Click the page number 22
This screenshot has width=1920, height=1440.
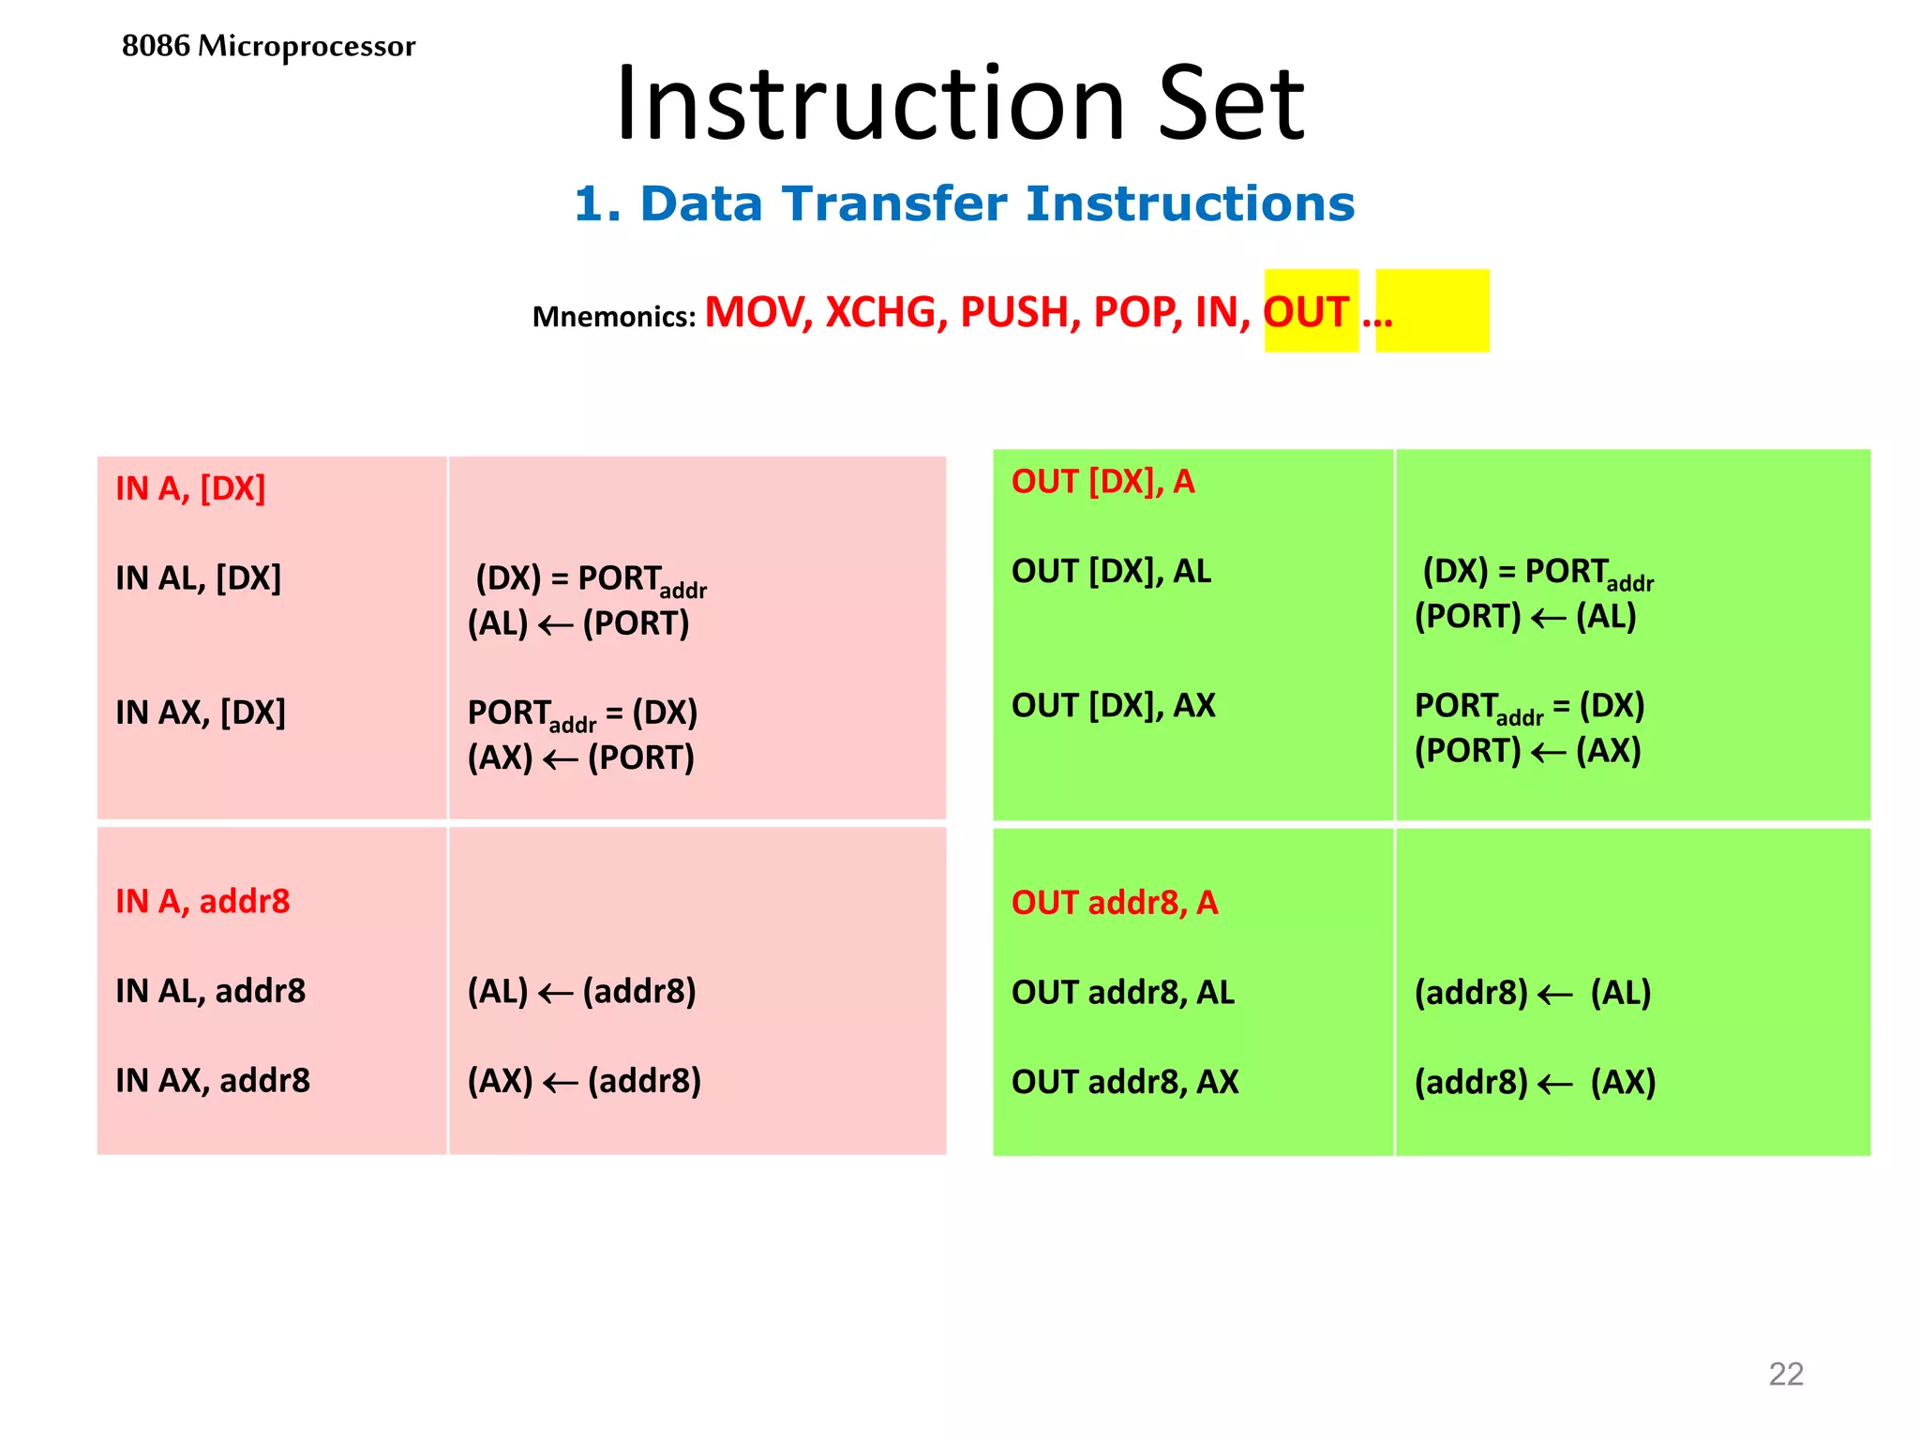pos(1785,1373)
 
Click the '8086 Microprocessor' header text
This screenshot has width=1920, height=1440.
pos(268,46)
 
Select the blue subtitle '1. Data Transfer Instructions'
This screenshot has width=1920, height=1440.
pos(964,203)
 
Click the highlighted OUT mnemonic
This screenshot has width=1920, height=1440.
pos(1307,312)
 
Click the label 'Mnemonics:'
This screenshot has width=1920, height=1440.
pos(614,317)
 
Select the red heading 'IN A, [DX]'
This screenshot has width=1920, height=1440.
pos(190,488)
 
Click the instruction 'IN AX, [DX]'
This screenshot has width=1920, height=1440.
pos(201,712)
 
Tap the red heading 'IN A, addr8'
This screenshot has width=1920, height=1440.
pos(202,901)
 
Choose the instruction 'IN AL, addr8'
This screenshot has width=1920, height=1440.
pos(211,991)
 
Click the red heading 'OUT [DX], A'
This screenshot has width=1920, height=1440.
pos(1102,481)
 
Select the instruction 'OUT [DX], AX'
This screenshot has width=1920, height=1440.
pos(1113,705)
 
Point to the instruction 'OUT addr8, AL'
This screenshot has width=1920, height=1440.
pos(1122,992)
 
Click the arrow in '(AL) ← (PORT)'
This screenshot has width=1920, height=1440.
pos(555,625)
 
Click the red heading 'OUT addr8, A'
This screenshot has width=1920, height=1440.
pos(1115,902)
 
